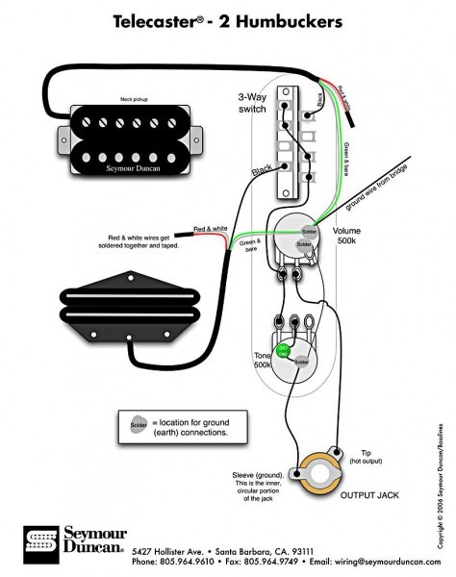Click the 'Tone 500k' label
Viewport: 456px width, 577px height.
point(263,361)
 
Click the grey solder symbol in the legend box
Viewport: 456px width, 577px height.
point(135,423)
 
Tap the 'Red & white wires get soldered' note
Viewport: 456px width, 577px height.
point(141,241)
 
